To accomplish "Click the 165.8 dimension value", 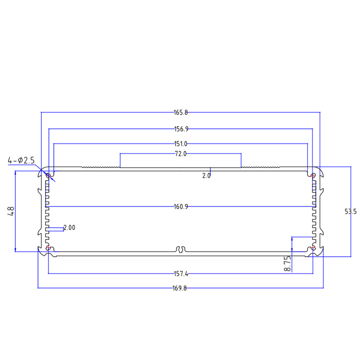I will click(x=180, y=113).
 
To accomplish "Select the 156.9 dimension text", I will click(x=180, y=129).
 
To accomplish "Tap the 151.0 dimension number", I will click(x=180, y=144).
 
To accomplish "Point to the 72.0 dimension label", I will click(x=180, y=154).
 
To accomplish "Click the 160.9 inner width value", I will click(x=180, y=207).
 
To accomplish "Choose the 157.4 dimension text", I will click(x=180, y=274).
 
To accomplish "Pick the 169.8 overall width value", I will click(x=180, y=288).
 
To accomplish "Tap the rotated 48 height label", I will click(x=11, y=211).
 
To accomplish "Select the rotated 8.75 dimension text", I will click(x=287, y=264).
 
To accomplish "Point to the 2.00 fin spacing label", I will click(x=69, y=228).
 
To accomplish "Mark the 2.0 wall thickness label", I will click(x=206, y=176).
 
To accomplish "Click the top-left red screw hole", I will click(x=48, y=176).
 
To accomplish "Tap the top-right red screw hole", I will click(x=313, y=176).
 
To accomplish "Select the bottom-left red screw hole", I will click(x=48, y=248).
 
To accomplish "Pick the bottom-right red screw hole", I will click(x=313, y=248).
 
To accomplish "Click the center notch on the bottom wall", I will click(x=181, y=250).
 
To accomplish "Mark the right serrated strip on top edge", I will click(x=260, y=167).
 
